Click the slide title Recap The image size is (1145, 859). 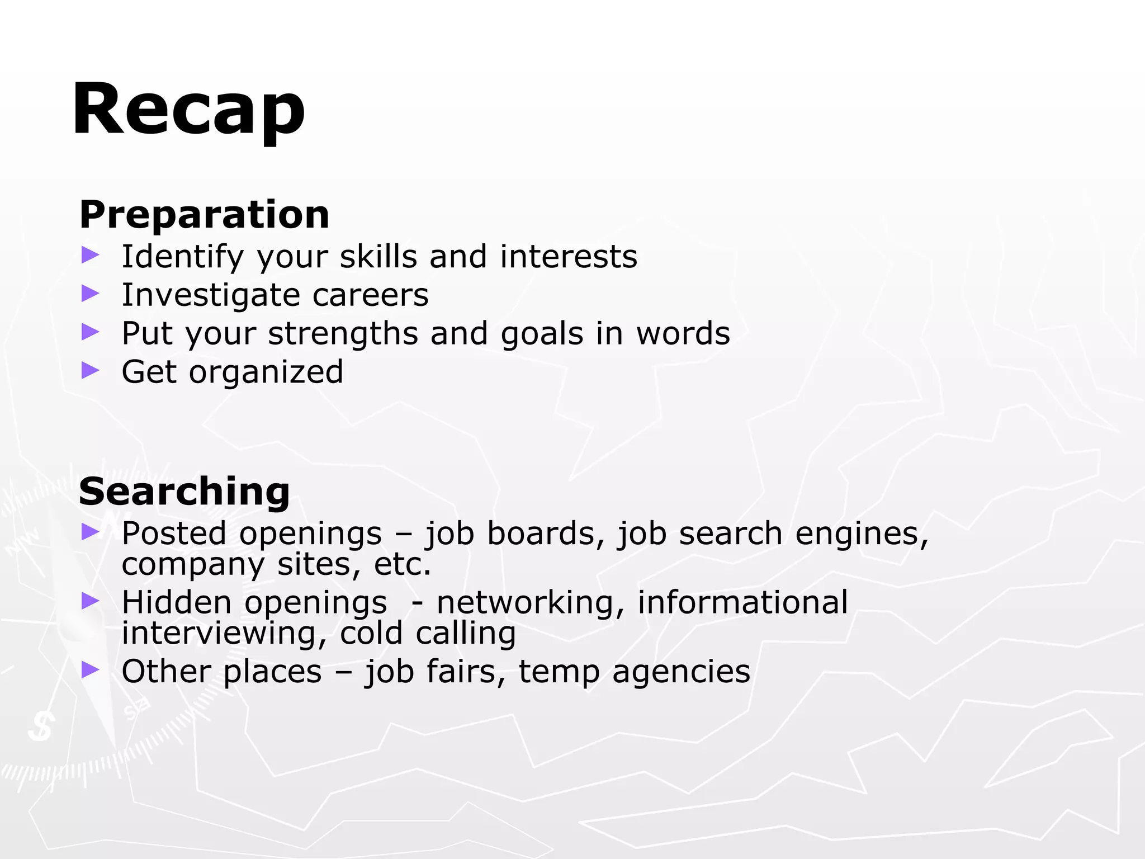(188, 109)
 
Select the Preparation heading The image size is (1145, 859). (205, 214)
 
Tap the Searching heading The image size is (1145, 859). (184, 492)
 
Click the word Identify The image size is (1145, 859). (182, 257)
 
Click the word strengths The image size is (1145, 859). (343, 334)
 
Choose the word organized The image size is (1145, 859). (266, 372)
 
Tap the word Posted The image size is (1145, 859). (174, 533)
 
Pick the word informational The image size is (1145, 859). (742, 602)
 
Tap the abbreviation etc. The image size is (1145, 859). (403, 564)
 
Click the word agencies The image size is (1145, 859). (681, 672)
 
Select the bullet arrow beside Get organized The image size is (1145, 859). (90, 370)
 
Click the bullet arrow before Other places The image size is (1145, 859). (90, 669)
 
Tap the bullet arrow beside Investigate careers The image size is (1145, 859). (90, 293)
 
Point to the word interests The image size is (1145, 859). (568, 257)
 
